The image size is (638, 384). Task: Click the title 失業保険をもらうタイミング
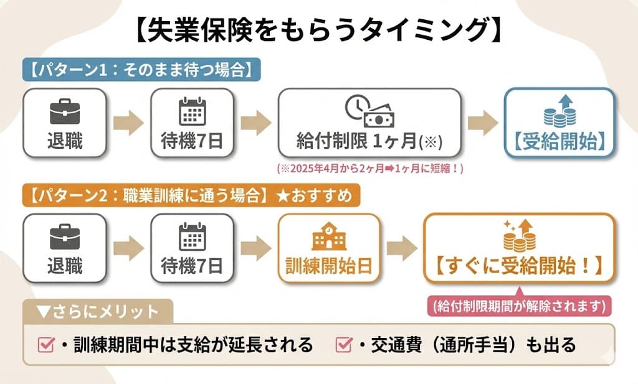318,29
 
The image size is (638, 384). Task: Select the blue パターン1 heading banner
141,69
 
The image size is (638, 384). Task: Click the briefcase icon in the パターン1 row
65,111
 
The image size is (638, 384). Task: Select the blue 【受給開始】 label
559,141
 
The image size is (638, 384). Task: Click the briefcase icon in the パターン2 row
65,237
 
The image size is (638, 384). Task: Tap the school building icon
329,237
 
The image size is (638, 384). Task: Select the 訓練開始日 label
329,266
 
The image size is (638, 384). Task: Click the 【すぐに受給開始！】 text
518,266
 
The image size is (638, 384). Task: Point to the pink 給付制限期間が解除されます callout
519,306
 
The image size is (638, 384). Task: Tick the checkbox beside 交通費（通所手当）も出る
343,344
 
